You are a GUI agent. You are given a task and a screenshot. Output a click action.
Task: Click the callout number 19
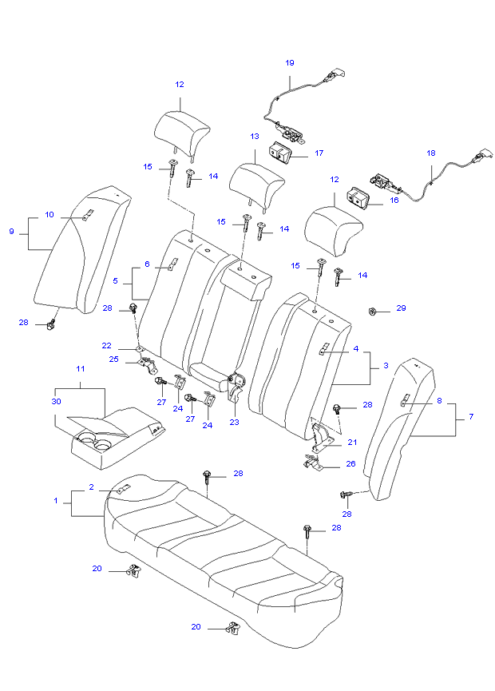click(x=290, y=62)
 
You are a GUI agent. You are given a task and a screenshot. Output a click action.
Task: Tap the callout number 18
click(x=431, y=152)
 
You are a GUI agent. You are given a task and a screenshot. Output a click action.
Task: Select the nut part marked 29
click(x=374, y=309)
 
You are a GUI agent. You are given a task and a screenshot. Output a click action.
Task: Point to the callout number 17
click(x=319, y=152)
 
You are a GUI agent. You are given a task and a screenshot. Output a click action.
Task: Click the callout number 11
click(x=80, y=368)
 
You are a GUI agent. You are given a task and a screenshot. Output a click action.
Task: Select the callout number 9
click(x=12, y=231)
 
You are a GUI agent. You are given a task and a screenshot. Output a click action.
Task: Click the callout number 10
click(x=49, y=215)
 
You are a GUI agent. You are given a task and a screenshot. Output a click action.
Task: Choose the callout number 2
click(x=92, y=486)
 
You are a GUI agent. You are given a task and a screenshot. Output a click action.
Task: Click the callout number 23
click(x=234, y=422)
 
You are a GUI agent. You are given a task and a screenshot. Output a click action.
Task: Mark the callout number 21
click(x=352, y=441)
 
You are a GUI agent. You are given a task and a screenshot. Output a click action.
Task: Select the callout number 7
click(x=471, y=417)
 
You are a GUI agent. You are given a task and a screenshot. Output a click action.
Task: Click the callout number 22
click(x=106, y=346)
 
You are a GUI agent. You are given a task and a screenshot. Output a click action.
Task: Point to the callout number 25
click(x=114, y=359)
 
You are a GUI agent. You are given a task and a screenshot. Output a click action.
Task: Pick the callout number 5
click(x=116, y=281)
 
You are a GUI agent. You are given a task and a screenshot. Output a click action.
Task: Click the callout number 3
click(x=386, y=365)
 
